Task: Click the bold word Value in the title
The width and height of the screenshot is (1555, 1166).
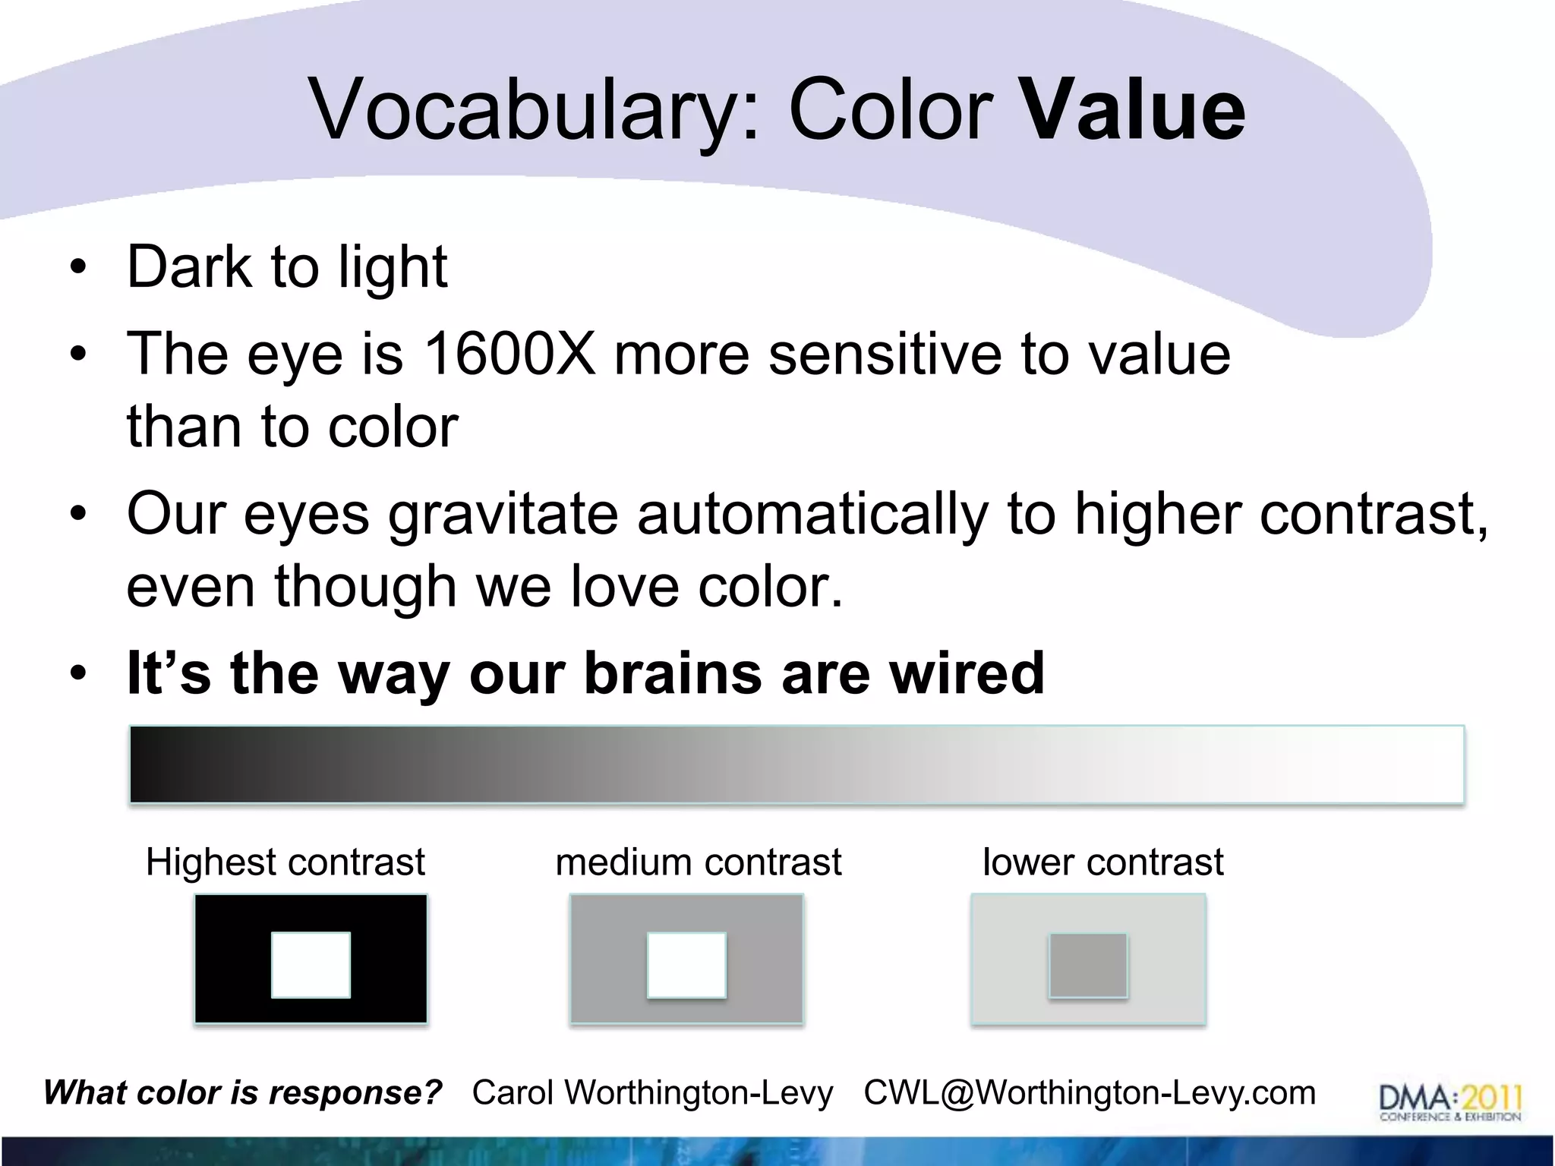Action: click(1133, 110)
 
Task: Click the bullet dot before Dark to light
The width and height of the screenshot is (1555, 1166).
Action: click(77, 269)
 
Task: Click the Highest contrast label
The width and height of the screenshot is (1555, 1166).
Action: click(285, 862)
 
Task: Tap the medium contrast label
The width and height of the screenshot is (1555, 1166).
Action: click(698, 862)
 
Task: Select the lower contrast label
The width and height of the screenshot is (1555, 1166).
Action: click(1102, 862)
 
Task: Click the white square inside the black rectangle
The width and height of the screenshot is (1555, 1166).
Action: click(311, 965)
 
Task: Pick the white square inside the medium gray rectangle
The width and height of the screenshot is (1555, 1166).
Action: click(686, 965)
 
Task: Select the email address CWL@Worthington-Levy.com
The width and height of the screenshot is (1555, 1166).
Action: click(1089, 1093)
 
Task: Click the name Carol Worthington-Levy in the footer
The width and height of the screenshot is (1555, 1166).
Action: click(652, 1093)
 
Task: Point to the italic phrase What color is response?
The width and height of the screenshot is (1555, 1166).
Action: click(243, 1093)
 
